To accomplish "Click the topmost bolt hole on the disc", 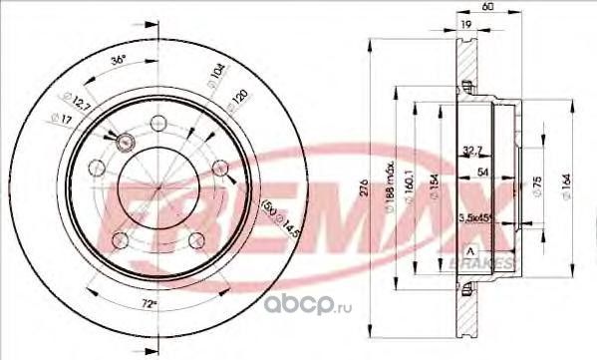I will pos(157,123).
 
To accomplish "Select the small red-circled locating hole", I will pos(124,143).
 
